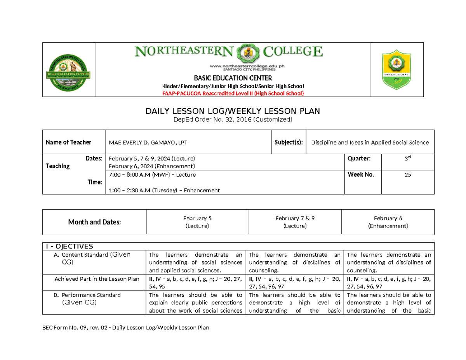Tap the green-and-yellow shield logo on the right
pyautogui.click(x=397, y=68)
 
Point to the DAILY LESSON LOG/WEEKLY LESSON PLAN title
pyautogui.click(x=233, y=112)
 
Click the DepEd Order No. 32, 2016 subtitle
pyautogui.click(x=233, y=120)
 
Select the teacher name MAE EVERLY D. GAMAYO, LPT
pyautogui.click(x=148, y=143)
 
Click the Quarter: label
pyautogui.click(x=359, y=158)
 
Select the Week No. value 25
pyautogui.click(x=407, y=175)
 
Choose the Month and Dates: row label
pyautogui.click(x=95, y=222)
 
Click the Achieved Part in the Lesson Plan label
pyautogui.click(x=97, y=279)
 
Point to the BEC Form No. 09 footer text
pyautogui.click(x=126, y=328)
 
